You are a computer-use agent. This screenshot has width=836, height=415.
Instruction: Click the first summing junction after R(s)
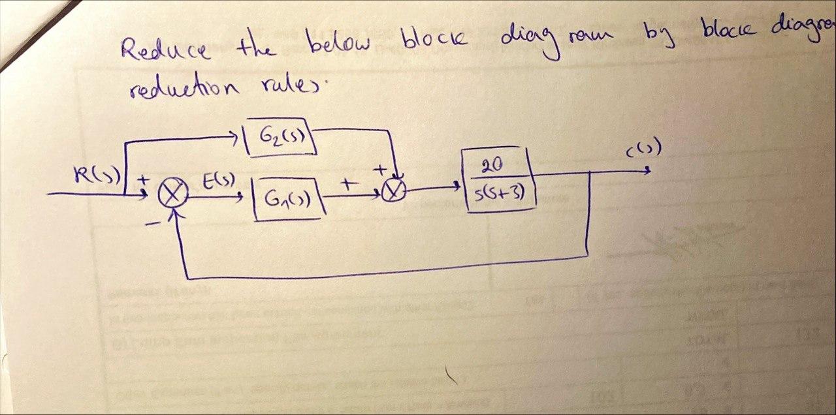[173, 194]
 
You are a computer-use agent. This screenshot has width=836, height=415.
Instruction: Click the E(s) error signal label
[214, 179]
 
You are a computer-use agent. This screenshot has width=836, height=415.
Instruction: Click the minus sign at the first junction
[151, 223]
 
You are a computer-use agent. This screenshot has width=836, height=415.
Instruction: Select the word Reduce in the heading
[165, 49]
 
